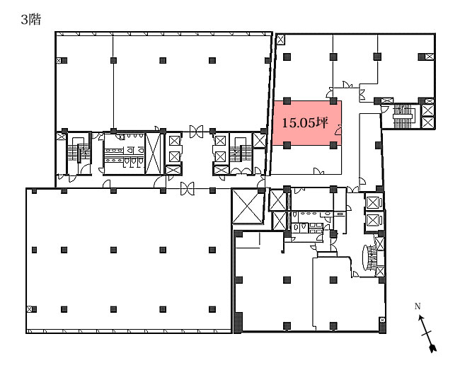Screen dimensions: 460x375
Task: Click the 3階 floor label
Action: (31, 20)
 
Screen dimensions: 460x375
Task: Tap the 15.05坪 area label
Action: (305, 122)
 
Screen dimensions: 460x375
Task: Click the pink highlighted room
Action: (307, 123)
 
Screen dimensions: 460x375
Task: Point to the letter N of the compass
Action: (418, 306)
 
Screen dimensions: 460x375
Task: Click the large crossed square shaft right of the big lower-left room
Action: (248, 207)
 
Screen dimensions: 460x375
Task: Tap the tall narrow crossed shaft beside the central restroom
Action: (153, 154)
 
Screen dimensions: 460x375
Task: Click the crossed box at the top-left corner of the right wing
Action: (280, 40)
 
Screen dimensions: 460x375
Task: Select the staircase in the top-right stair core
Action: (403, 116)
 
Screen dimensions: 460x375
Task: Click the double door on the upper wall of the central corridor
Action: (196, 132)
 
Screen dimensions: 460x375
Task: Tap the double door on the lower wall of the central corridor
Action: (187, 188)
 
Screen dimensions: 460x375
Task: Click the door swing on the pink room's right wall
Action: (338, 130)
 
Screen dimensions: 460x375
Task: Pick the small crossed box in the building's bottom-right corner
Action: (382, 320)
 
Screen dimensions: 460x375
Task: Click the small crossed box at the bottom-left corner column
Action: (29, 309)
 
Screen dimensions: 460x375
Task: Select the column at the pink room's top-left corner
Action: (287, 101)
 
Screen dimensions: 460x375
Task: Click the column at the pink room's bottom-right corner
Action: (333, 145)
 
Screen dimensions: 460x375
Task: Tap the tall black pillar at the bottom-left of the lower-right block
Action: (238, 323)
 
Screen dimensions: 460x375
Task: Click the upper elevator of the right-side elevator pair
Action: (373, 203)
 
